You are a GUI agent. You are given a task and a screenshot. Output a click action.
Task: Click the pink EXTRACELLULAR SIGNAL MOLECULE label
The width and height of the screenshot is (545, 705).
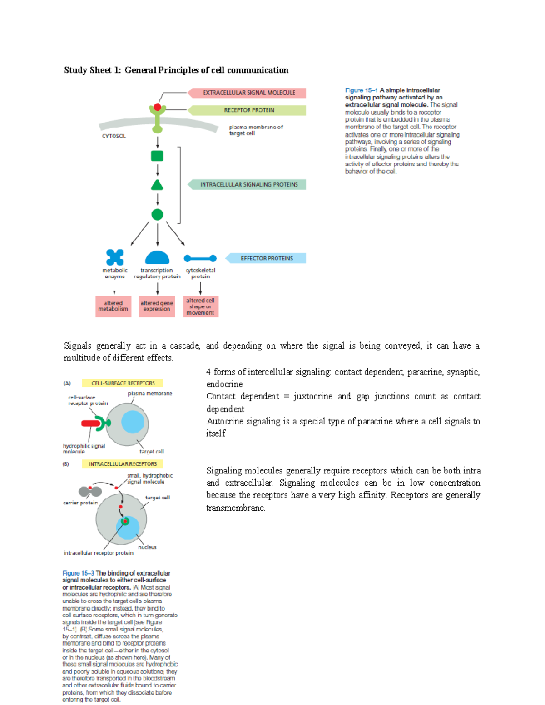pos(249,93)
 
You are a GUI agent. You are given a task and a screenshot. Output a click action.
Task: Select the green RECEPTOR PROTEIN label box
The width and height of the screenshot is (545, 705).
pos(249,110)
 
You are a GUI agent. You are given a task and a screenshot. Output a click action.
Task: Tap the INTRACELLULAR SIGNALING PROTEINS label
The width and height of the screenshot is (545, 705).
pos(249,185)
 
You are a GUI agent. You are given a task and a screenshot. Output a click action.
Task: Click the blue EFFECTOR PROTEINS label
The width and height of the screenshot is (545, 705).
pos(267,258)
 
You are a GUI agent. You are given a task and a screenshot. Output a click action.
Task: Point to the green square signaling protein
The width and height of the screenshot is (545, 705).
pos(157,156)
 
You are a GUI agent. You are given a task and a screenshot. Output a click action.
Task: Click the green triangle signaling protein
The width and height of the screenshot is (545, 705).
pos(157,185)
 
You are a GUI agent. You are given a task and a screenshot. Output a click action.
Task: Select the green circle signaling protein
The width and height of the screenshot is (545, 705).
pos(157,215)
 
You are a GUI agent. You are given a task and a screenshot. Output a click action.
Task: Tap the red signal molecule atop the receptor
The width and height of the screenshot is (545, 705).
pos(157,107)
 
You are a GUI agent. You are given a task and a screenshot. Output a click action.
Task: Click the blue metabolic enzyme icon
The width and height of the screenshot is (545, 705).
pos(115,257)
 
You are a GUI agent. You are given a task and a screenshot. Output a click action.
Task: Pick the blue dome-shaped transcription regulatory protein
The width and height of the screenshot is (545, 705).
pos(157,258)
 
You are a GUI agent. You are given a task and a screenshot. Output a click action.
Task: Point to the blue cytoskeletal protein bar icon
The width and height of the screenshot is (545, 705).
pos(200,258)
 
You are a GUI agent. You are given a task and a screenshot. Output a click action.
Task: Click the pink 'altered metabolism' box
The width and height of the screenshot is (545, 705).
pos(114,306)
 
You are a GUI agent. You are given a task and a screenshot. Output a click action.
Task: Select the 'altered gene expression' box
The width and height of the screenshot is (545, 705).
pos(157,306)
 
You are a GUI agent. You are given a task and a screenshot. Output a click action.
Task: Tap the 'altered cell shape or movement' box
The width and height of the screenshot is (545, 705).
pos(200,306)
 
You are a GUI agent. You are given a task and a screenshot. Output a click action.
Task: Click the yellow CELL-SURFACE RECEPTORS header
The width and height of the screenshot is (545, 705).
pos(123,383)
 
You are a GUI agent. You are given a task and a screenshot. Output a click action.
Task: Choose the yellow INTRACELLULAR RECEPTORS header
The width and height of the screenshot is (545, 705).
pos(123,464)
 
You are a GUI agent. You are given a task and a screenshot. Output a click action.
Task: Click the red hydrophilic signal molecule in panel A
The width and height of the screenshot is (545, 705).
pos(91,424)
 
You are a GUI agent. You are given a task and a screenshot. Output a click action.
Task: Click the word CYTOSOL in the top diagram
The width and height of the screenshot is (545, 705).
pos(114,136)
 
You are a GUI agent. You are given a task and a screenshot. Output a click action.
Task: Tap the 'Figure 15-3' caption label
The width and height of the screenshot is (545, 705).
pos(78,573)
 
